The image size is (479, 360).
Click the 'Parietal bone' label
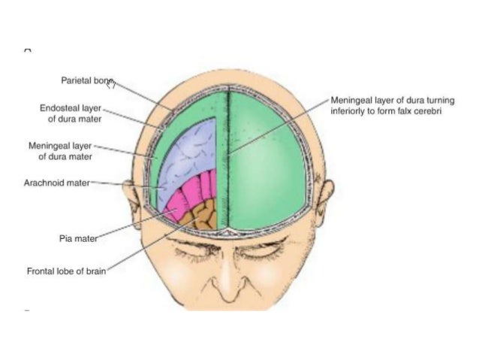point(86,80)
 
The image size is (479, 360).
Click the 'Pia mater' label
point(78,238)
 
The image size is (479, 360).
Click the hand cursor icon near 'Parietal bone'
point(110,83)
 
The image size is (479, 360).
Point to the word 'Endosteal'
point(59,107)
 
